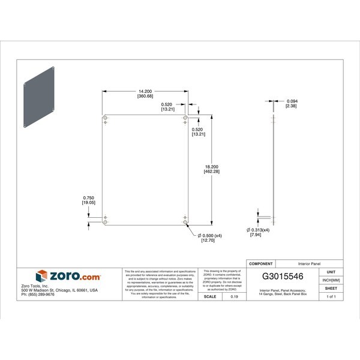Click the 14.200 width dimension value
(144, 91)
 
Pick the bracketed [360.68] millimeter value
(145, 97)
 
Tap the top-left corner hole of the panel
(106, 118)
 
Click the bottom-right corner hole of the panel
(185, 222)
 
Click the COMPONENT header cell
(261, 263)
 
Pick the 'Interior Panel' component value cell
(311, 263)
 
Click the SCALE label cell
(210, 296)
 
